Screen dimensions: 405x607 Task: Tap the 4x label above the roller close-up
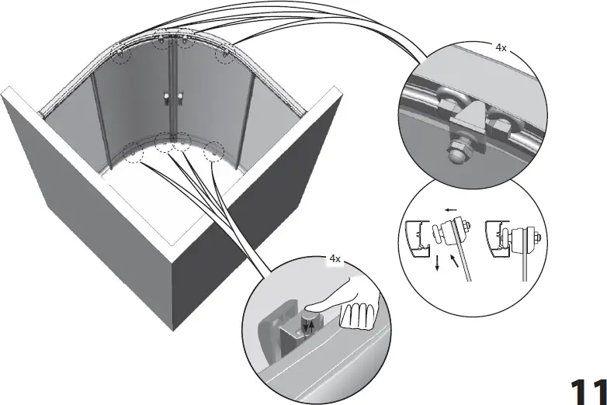pos(501,47)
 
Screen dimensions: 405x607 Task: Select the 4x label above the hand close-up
pos(335,259)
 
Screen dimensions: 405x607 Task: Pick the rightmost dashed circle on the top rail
pos(224,55)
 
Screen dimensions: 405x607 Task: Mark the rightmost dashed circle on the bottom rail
pos(213,151)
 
